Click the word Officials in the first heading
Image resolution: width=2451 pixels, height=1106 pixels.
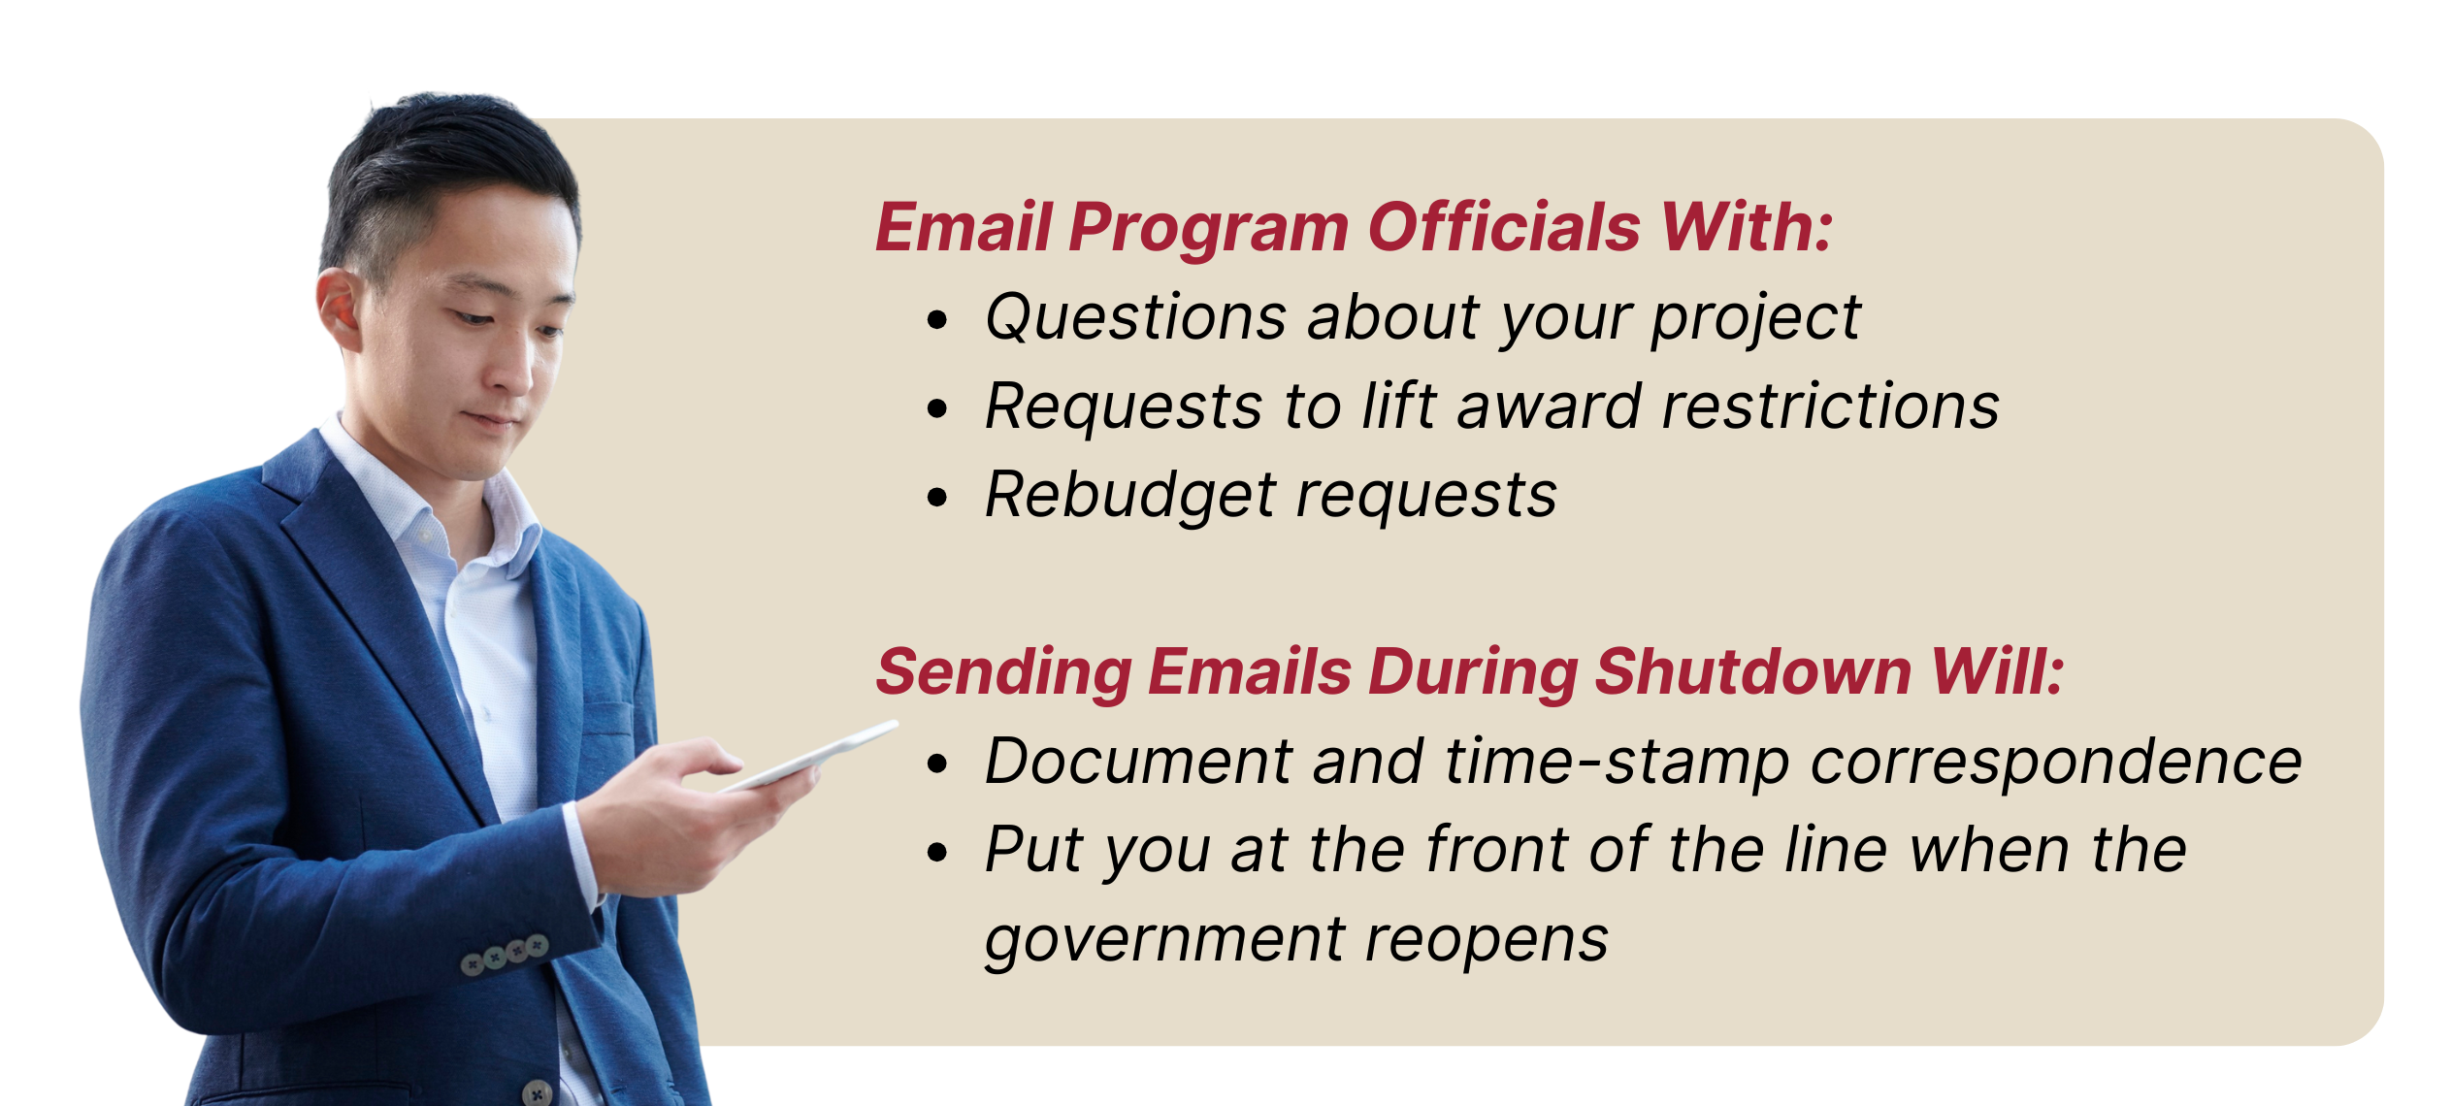1504,227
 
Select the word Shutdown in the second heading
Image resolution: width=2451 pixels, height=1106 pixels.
1753,671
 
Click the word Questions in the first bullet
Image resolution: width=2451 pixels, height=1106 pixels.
1136,318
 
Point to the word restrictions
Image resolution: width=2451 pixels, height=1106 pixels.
1831,406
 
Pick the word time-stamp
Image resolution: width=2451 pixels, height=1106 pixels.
1618,763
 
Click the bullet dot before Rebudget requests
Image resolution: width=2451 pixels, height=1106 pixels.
936,498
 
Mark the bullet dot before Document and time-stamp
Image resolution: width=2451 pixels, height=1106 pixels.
936,764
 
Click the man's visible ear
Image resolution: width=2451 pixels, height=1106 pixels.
341,309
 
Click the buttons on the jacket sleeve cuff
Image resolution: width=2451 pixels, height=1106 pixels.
505,954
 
